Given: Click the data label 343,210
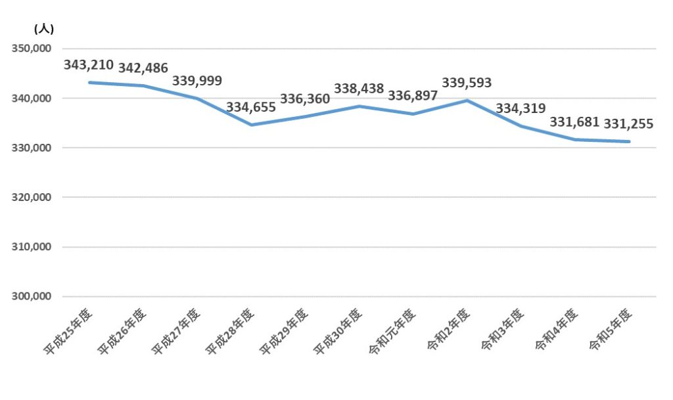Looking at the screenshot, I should (89, 65).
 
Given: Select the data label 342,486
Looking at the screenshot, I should (143, 68).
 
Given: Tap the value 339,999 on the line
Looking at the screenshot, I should (197, 81).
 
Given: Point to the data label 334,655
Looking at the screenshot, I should (251, 107).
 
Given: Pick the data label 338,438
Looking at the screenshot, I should (359, 89).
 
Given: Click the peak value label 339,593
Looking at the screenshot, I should (467, 83).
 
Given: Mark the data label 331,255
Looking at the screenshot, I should (628, 123).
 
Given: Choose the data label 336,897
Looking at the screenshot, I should (413, 97).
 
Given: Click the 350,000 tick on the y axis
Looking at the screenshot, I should (31, 49).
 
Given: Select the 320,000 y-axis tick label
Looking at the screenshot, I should (31, 197).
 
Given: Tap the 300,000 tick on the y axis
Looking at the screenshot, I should (31, 296).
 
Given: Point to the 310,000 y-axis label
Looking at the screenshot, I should (31, 247).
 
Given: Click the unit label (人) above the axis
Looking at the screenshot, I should (43, 28).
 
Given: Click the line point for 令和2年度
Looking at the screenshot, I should (467, 100).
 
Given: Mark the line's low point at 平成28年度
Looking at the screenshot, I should (251, 125).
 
